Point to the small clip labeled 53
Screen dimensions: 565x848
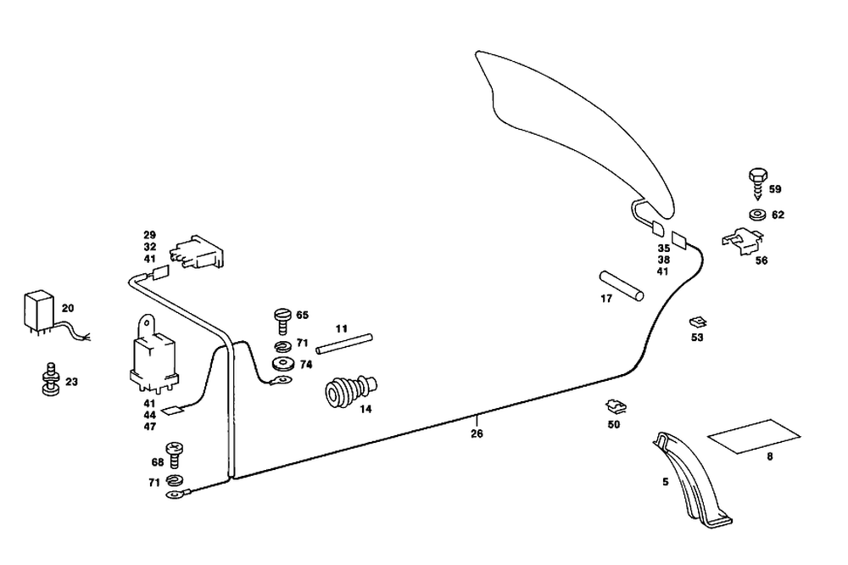tap(696, 322)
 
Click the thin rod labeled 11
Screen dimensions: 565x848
tap(343, 342)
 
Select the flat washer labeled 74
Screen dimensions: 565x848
tap(281, 364)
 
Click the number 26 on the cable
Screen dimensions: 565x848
tap(477, 434)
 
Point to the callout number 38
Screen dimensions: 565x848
tap(662, 260)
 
